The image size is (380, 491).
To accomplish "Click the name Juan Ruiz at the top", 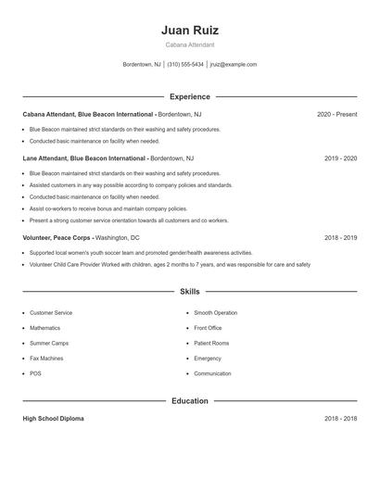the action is coord(190,30).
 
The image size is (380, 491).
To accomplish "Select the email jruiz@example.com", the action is coord(234,65).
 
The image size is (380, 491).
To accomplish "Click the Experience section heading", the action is coord(190,96).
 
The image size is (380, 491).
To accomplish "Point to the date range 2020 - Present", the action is coord(336,114).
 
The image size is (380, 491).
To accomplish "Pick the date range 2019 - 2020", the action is coord(340,158).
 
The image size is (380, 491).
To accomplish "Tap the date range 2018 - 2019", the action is coord(340,237).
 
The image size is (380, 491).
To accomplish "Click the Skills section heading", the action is coord(190,292).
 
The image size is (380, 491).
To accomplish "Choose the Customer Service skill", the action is coord(50,313).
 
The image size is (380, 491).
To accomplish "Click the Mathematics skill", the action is coord(44,328).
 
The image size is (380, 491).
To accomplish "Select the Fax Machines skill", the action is coord(46,358).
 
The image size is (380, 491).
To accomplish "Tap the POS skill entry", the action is coord(35,373).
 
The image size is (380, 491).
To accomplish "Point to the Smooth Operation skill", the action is coord(215,313).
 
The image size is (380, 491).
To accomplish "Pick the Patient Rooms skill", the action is coord(211,343).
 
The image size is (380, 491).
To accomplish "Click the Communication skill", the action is coord(212,373).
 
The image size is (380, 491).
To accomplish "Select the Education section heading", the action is coord(190,401).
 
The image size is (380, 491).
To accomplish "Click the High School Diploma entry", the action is coord(53,419).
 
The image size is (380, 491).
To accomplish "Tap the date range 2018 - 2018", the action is coord(340,419).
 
